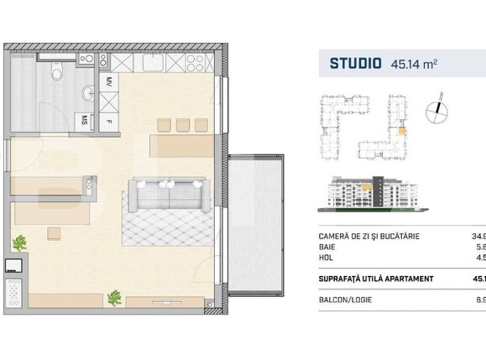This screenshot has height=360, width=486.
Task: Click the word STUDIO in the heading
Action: pyautogui.click(x=356, y=63)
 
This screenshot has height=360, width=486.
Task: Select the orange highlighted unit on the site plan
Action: pyautogui.click(x=402, y=129)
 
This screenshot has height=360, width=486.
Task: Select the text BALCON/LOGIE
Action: pyautogui.click(x=348, y=297)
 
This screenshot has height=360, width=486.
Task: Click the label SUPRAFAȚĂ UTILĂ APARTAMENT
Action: pyautogui.click(x=377, y=279)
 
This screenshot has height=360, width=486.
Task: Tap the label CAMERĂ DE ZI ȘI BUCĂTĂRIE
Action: pyautogui.click(x=370, y=237)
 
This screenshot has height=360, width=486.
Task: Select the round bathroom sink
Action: pyautogui.click(x=86, y=92)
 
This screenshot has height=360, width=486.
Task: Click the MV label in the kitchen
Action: pyautogui.click(x=108, y=81)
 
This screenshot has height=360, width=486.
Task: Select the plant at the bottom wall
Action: pyautogui.click(x=116, y=298)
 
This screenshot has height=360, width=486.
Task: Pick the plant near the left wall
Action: pyautogui.click(x=18, y=244)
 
